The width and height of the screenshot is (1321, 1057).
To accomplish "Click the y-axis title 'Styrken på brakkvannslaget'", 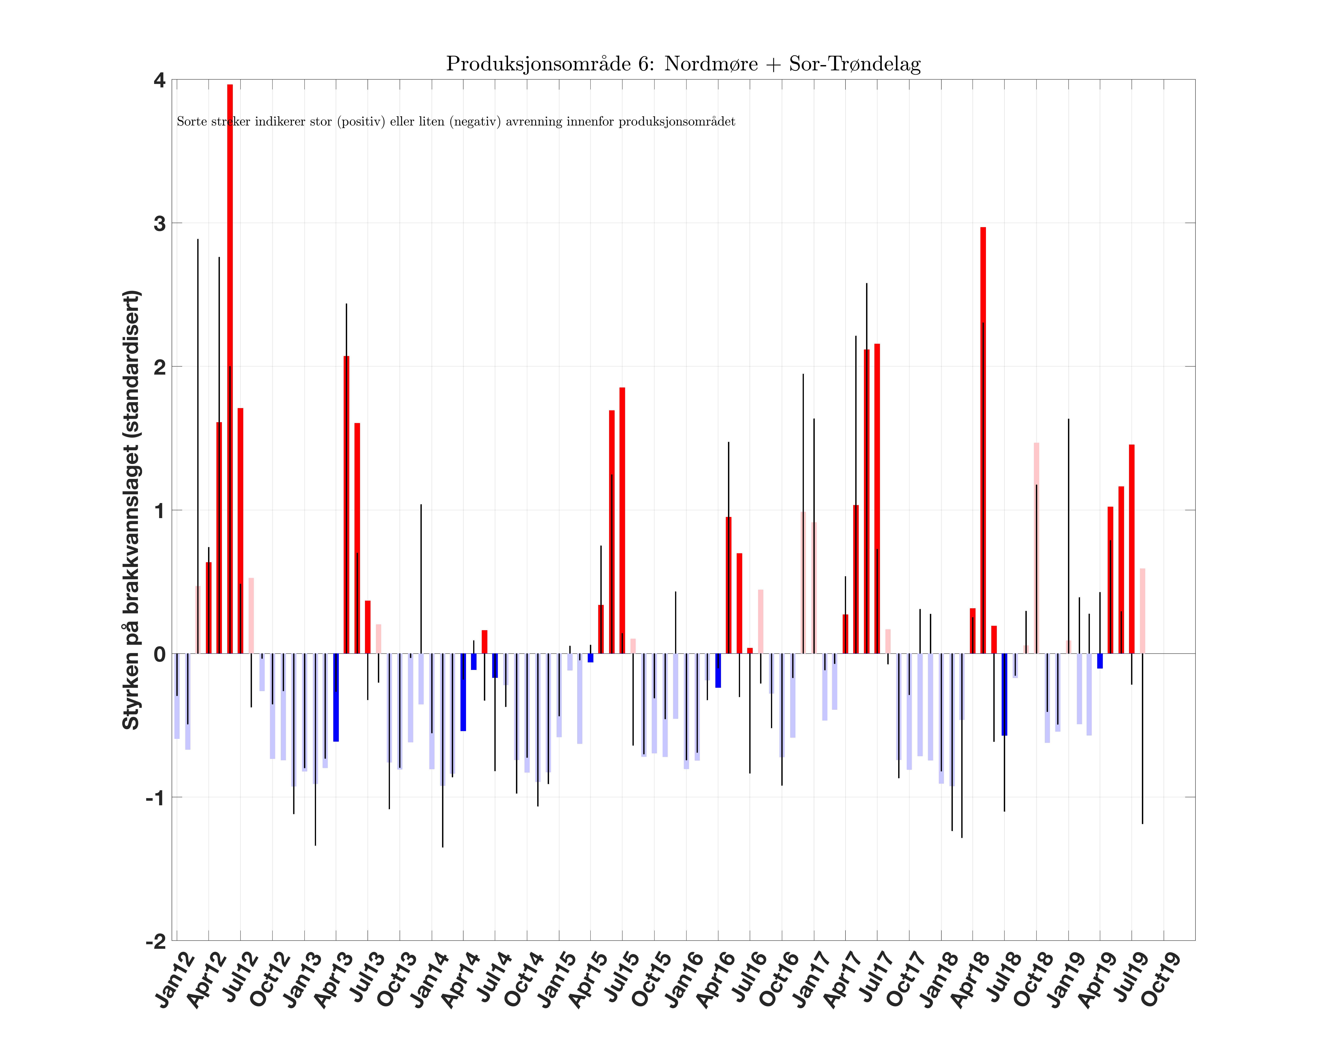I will pos(131,510).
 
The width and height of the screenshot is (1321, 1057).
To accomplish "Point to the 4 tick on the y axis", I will pos(159,80).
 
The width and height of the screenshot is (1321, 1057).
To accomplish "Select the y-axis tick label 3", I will pos(159,224).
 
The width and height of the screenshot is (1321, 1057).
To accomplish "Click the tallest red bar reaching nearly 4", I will pos(230,368).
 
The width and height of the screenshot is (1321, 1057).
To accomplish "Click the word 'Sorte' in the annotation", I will pos(192,121).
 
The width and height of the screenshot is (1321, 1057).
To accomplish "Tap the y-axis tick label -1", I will pos(156,798).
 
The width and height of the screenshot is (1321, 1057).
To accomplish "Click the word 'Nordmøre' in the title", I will pos(711,64).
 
